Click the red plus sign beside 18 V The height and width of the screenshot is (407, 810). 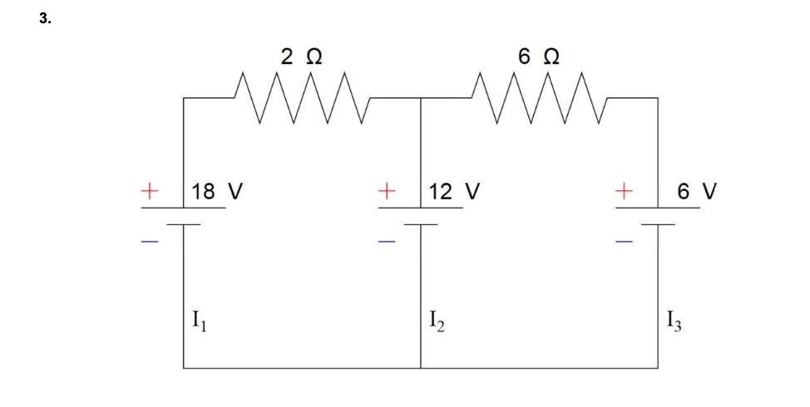click(x=149, y=190)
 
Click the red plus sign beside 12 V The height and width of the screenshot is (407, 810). click(x=386, y=190)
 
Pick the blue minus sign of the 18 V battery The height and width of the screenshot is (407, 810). click(x=149, y=242)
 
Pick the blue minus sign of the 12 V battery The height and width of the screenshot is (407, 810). click(x=386, y=242)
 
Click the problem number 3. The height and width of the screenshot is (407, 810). click(x=44, y=20)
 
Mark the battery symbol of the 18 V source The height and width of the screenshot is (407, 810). click(x=184, y=216)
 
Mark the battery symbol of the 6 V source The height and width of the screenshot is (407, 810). click(x=658, y=216)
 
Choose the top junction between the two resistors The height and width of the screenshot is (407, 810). click(x=421, y=98)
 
